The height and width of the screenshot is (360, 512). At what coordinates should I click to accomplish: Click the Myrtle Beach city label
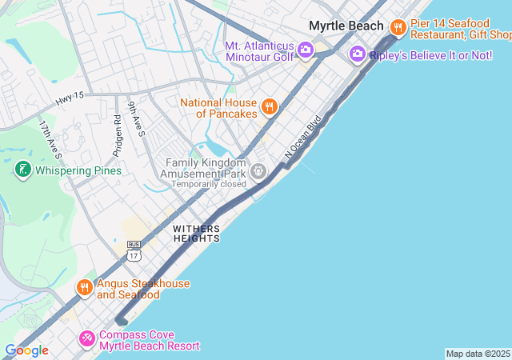[346, 26]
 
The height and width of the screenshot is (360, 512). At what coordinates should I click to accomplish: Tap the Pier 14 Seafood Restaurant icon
[398, 29]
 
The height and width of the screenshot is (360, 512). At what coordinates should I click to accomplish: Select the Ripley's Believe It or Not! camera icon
[357, 54]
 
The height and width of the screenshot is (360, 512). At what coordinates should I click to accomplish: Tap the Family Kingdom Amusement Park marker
[258, 170]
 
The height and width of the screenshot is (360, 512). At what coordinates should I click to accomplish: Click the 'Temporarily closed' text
[210, 183]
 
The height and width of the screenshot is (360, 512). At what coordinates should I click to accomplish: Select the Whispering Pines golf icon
[22, 170]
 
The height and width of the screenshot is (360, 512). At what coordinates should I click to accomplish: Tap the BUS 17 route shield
[134, 250]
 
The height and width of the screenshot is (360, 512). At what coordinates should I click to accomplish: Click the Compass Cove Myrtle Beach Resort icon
[86, 339]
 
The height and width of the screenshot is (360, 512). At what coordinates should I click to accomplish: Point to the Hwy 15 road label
[70, 100]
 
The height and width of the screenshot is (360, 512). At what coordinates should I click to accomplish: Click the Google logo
[26, 350]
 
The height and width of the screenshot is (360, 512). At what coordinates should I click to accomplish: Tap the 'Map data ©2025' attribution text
[478, 354]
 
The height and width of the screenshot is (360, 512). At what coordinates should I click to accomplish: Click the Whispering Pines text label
[78, 170]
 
